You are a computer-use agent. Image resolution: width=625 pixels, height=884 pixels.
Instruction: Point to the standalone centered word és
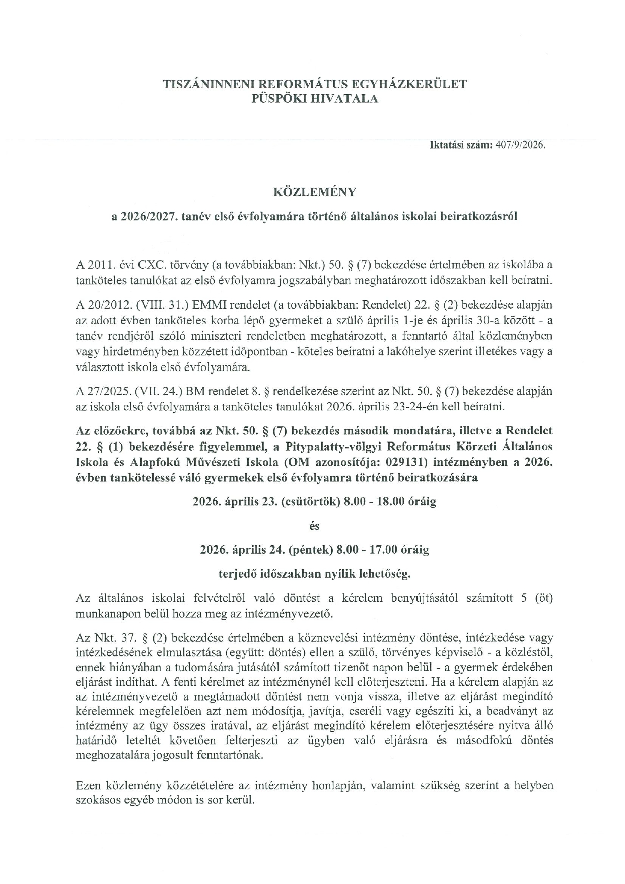tap(314, 526)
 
